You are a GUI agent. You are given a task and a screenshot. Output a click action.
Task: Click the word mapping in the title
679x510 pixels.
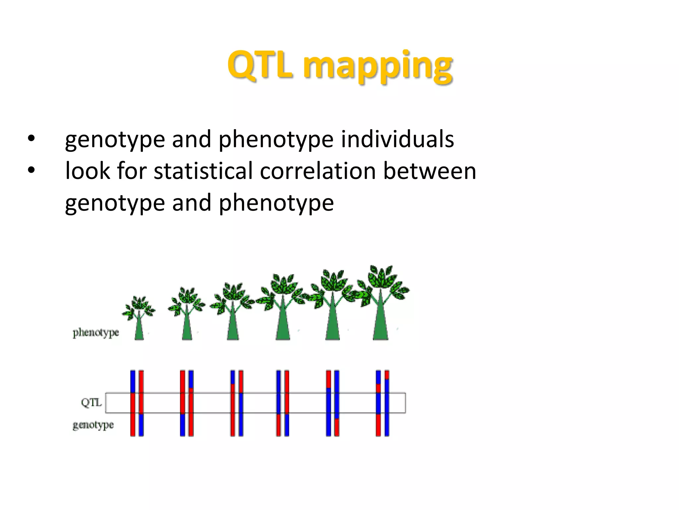tap(378, 66)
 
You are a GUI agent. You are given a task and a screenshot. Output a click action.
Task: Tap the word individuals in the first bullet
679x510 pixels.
tap(397, 139)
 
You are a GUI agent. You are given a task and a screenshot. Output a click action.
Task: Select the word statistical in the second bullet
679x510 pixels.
tap(203, 171)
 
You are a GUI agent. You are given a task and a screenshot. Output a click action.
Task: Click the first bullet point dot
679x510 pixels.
tap(31, 139)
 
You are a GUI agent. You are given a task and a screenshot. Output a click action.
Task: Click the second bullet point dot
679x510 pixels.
tap(31, 170)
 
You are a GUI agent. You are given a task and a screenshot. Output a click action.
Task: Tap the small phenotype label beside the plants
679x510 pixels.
tap(95, 332)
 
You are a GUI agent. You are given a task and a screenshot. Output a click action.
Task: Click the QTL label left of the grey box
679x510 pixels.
tap(91, 402)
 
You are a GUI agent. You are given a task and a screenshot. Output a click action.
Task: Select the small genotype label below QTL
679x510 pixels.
tap(93, 425)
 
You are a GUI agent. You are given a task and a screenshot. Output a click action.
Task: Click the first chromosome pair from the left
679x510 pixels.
tap(137, 403)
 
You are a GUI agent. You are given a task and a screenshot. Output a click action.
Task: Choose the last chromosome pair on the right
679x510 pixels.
tap(382, 403)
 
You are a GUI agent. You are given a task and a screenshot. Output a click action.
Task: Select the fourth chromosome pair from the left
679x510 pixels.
tap(282, 403)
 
